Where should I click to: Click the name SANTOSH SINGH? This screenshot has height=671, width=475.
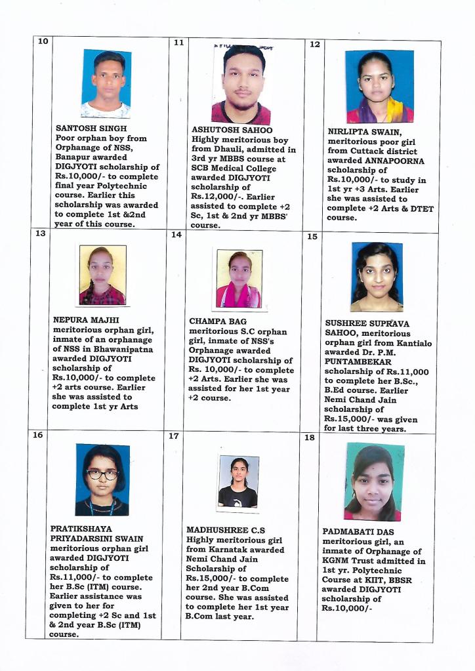tap(91, 128)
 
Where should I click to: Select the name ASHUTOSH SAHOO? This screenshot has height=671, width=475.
tap(232, 130)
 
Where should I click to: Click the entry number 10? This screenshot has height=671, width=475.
tap(43, 41)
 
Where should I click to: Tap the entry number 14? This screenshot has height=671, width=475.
tap(176, 234)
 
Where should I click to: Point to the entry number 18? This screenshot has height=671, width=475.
tap(310, 437)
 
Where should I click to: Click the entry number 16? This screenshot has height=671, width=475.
tap(38, 434)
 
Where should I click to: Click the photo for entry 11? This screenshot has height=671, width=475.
tap(241, 84)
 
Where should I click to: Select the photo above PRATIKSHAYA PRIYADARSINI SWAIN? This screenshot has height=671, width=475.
tap(102, 479)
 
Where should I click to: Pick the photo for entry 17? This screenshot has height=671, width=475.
tap(238, 482)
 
